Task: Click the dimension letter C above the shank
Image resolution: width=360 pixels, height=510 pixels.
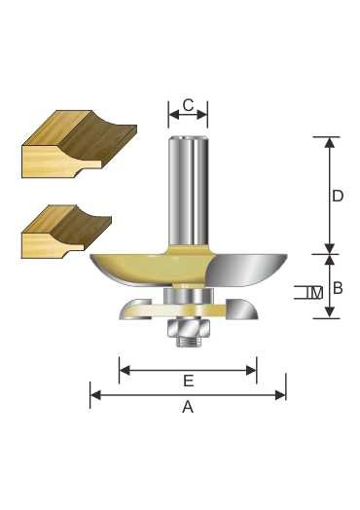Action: coord(188,105)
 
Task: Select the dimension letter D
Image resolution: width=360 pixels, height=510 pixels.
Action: coord(338,197)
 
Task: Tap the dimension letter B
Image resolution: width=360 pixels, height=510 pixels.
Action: coord(339,288)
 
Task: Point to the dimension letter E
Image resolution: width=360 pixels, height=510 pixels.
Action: coord(189,381)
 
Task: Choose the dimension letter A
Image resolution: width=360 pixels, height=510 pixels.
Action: coord(188,407)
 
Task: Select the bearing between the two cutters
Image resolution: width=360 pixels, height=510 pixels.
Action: coord(188,296)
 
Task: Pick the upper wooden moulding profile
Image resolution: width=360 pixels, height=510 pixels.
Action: coord(80,144)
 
